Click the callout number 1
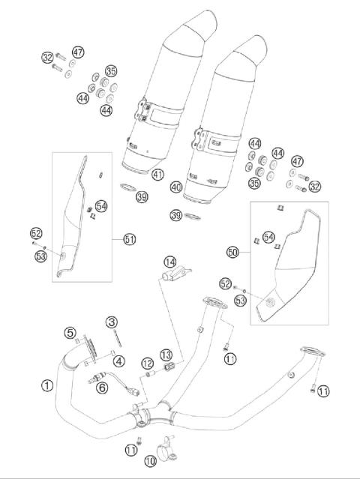coord(47,385)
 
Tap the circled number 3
coord(111,322)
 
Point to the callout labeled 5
coord(70,332)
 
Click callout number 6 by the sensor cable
coord(102,387)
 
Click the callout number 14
coord(170,262)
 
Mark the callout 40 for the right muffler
coord(176,187)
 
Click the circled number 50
coord(232,253)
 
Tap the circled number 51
coord(130,239)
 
